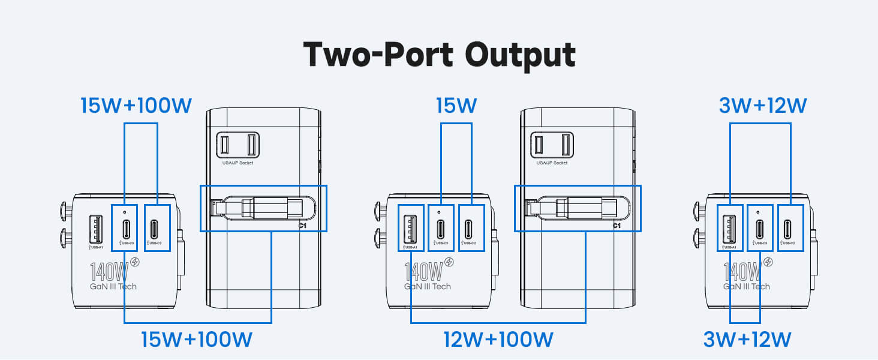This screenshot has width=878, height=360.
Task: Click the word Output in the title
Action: point(520,55)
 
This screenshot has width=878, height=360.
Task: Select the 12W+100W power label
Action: point(498,340)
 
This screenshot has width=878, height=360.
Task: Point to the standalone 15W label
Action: point(456,106)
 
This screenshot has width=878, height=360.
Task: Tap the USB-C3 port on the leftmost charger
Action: point(125,228)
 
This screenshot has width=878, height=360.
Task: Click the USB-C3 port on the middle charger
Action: point(440,228)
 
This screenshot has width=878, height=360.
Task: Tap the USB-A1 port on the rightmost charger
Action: point(729,228)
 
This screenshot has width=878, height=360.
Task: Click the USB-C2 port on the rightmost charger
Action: point(790,228)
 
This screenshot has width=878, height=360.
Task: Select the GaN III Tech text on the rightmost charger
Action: point(746,286)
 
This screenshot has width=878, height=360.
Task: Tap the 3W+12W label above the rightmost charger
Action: point(762,106)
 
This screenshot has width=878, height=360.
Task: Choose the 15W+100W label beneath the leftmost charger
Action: point(197,340)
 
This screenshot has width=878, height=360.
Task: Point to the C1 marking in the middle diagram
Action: point(616,226)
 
